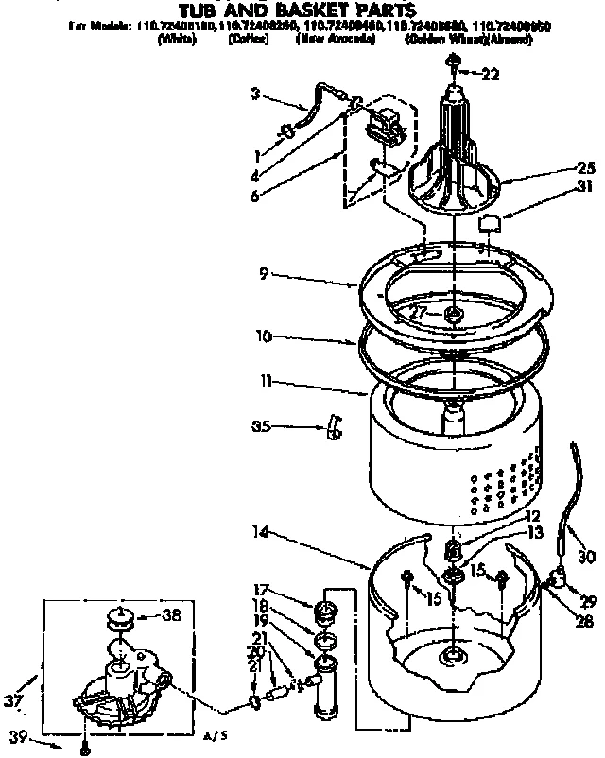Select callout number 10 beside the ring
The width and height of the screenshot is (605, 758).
coord(266,336)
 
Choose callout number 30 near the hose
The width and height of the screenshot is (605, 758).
coord(587,557)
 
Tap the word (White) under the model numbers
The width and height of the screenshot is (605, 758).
coord(178,41)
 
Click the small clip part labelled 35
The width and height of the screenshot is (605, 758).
coord(332,426)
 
